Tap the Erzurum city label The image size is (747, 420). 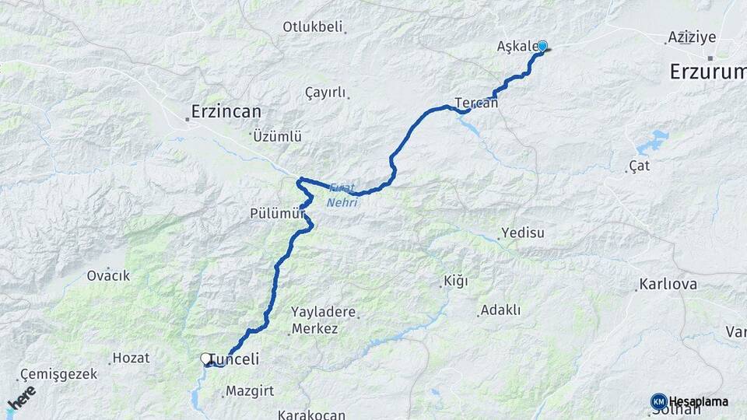[x=708, y=72]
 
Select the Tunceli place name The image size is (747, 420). [x=235, y=359]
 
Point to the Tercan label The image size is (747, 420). [x=476, y=103]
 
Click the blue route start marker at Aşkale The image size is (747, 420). [x=542, y=46]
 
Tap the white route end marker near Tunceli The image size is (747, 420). [x=206, y=359]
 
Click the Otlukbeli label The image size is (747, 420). [x=312, y=27]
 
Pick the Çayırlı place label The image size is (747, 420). [x=325, y=93]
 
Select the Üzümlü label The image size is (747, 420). [x=277, y=136]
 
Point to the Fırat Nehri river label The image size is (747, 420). [x=342, y=195]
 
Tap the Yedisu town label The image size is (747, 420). [x=523, y=233]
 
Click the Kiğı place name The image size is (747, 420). [x=455, y=281]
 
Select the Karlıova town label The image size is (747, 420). [x=668, y=284]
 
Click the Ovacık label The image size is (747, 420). [x=108, y=275]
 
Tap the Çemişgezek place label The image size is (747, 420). [x=59, y=374]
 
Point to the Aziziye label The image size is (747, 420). [x=691, y=37]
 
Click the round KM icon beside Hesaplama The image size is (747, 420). [x=658, y=401]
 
